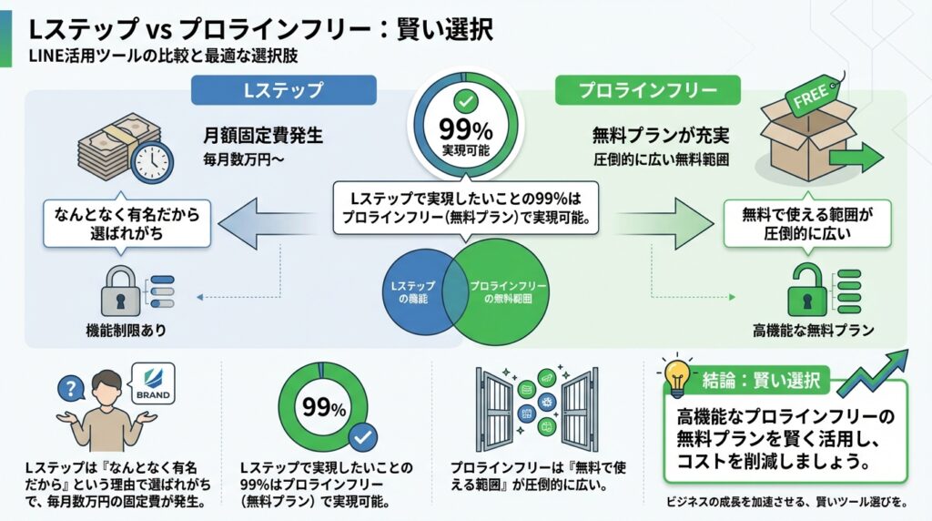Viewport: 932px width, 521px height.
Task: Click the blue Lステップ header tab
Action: [283, 90]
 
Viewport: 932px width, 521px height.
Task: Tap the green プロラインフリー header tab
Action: [647, 90]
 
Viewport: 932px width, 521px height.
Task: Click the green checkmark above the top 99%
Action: [465, 101]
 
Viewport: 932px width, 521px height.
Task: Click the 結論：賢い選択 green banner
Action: [762, 379]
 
